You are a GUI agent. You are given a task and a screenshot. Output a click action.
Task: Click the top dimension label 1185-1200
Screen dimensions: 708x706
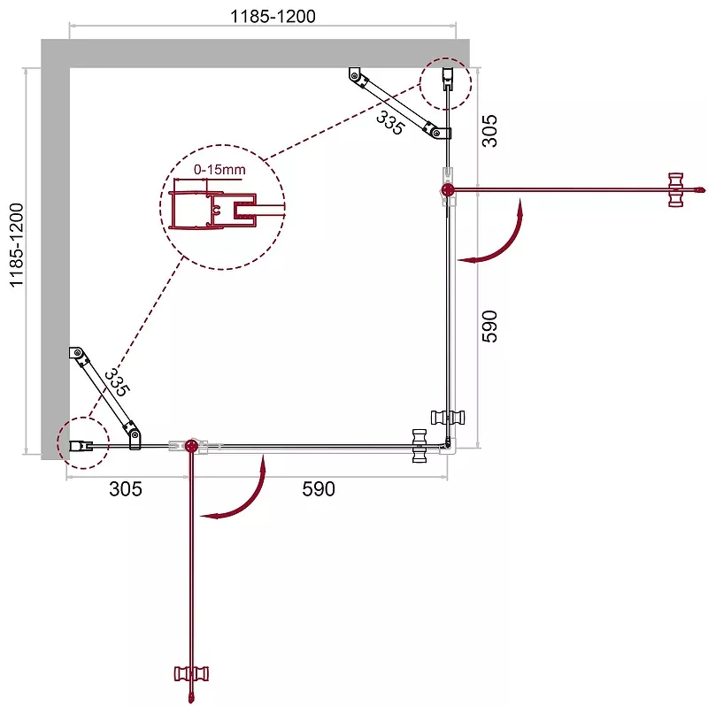pos(273,16)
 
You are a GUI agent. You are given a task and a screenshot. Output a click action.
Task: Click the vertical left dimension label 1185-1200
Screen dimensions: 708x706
pos(16,245)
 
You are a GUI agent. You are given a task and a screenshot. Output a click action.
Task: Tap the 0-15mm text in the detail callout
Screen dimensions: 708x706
pos(219,170)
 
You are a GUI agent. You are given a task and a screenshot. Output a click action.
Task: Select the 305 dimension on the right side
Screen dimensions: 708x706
pos(489,131)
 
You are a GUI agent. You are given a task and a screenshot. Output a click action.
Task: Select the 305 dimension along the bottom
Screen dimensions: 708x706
pos(126,489)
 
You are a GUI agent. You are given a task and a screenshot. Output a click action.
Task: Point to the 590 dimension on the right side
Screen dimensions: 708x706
pos(489,326)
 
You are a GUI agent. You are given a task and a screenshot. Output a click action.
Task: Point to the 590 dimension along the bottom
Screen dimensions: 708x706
pos(319,489)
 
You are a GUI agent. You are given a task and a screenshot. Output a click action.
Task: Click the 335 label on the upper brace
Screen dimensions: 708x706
pos(389,123)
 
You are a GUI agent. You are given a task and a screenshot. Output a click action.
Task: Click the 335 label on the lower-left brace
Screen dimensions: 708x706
pos(117,383)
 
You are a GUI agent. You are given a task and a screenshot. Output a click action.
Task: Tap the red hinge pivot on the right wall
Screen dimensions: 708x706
pos(448,189)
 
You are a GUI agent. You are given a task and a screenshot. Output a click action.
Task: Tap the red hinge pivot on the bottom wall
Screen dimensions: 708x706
pos(191,446)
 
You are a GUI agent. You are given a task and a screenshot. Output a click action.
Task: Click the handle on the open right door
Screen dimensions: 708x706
pos(675,190)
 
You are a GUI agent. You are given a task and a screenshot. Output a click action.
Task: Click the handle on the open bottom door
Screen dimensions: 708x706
pos(191,674)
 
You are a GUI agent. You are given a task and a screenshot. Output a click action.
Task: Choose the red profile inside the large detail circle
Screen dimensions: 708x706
pos(212,210)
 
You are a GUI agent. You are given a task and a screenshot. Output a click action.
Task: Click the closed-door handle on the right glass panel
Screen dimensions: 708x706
pos(448,418)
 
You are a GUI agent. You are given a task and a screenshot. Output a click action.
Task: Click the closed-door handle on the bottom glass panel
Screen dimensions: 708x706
pos(419,446)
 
